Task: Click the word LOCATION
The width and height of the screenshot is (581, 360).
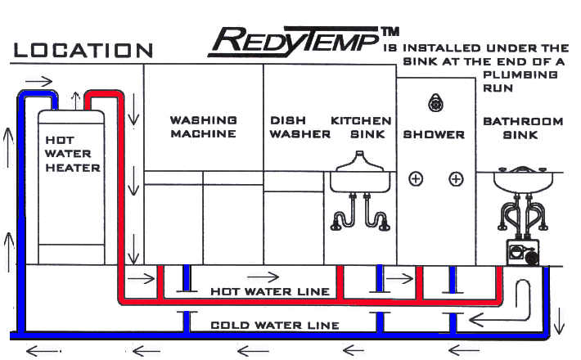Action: click(x=83, y=49)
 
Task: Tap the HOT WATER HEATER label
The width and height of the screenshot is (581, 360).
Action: click(x=72, y=155)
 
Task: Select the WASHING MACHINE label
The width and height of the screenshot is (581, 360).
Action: click(x=203, y=127)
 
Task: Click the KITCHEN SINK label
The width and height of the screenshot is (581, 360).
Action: click(x=361, y=127)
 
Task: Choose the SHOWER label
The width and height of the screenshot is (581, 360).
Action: click(x=434, y=134)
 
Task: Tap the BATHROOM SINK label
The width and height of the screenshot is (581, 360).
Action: click(x=523, y=128)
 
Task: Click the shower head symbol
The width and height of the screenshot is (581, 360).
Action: click(x=435, y=103)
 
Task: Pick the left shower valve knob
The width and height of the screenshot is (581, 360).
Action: click(x=416, y=178)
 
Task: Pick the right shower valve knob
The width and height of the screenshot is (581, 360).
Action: click(x=457, y=178)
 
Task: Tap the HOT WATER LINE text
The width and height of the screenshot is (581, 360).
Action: click(x=270, y=291)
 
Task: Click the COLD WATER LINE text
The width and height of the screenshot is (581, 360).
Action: click(x=274, y=325)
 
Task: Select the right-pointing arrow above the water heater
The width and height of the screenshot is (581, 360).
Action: click(x=39, y=82)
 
